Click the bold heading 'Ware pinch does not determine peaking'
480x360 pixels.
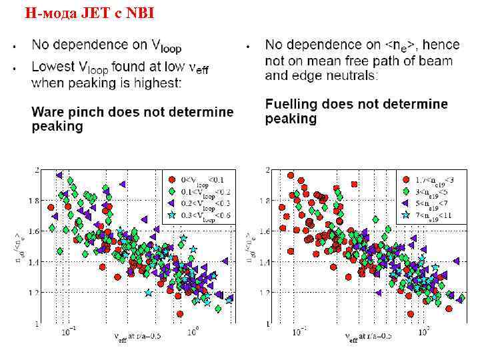[x=133, y=119]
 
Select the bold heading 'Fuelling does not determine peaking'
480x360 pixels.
[x=356, y=111]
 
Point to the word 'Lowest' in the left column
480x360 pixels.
[x=54, y=66]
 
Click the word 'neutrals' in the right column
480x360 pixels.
[x=350, y=76]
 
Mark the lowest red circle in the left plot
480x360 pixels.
[x=179, y=313]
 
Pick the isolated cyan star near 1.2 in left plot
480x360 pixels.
[x=147, y=292]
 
